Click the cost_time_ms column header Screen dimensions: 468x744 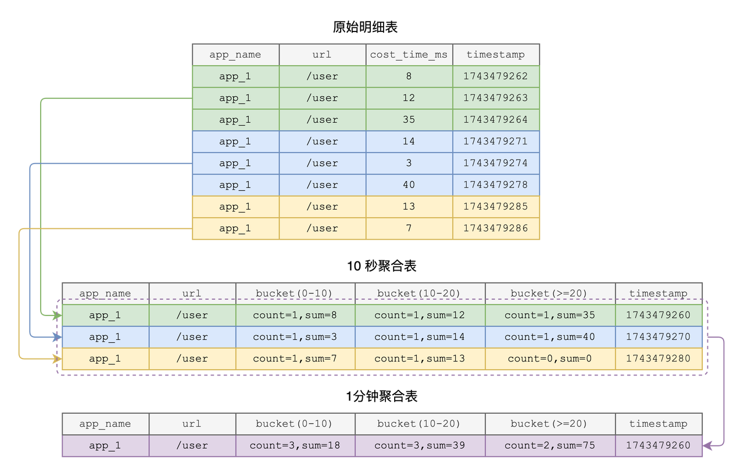[409, 55]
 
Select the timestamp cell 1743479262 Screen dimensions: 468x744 [496, 76]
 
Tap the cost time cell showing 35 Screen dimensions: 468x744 [409, 120]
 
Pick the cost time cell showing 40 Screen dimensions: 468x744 [409, 185]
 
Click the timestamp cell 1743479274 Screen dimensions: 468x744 [496, 164]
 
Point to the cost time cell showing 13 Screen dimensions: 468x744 [409, 207]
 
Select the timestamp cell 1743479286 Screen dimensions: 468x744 [496, 229]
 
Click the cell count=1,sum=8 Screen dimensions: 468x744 [295, 315]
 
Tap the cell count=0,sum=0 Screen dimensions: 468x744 [550, 359]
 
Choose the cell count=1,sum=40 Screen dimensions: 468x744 [550, 337]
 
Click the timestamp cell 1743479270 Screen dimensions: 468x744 [659, 337]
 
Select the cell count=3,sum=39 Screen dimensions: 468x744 [419, 446]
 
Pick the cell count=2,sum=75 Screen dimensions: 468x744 [550, 446]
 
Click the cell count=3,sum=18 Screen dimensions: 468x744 [295, 446]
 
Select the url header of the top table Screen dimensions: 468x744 [322, 55]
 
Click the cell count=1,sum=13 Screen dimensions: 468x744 [419, 359]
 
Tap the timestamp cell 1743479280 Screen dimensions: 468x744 [659, 359]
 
